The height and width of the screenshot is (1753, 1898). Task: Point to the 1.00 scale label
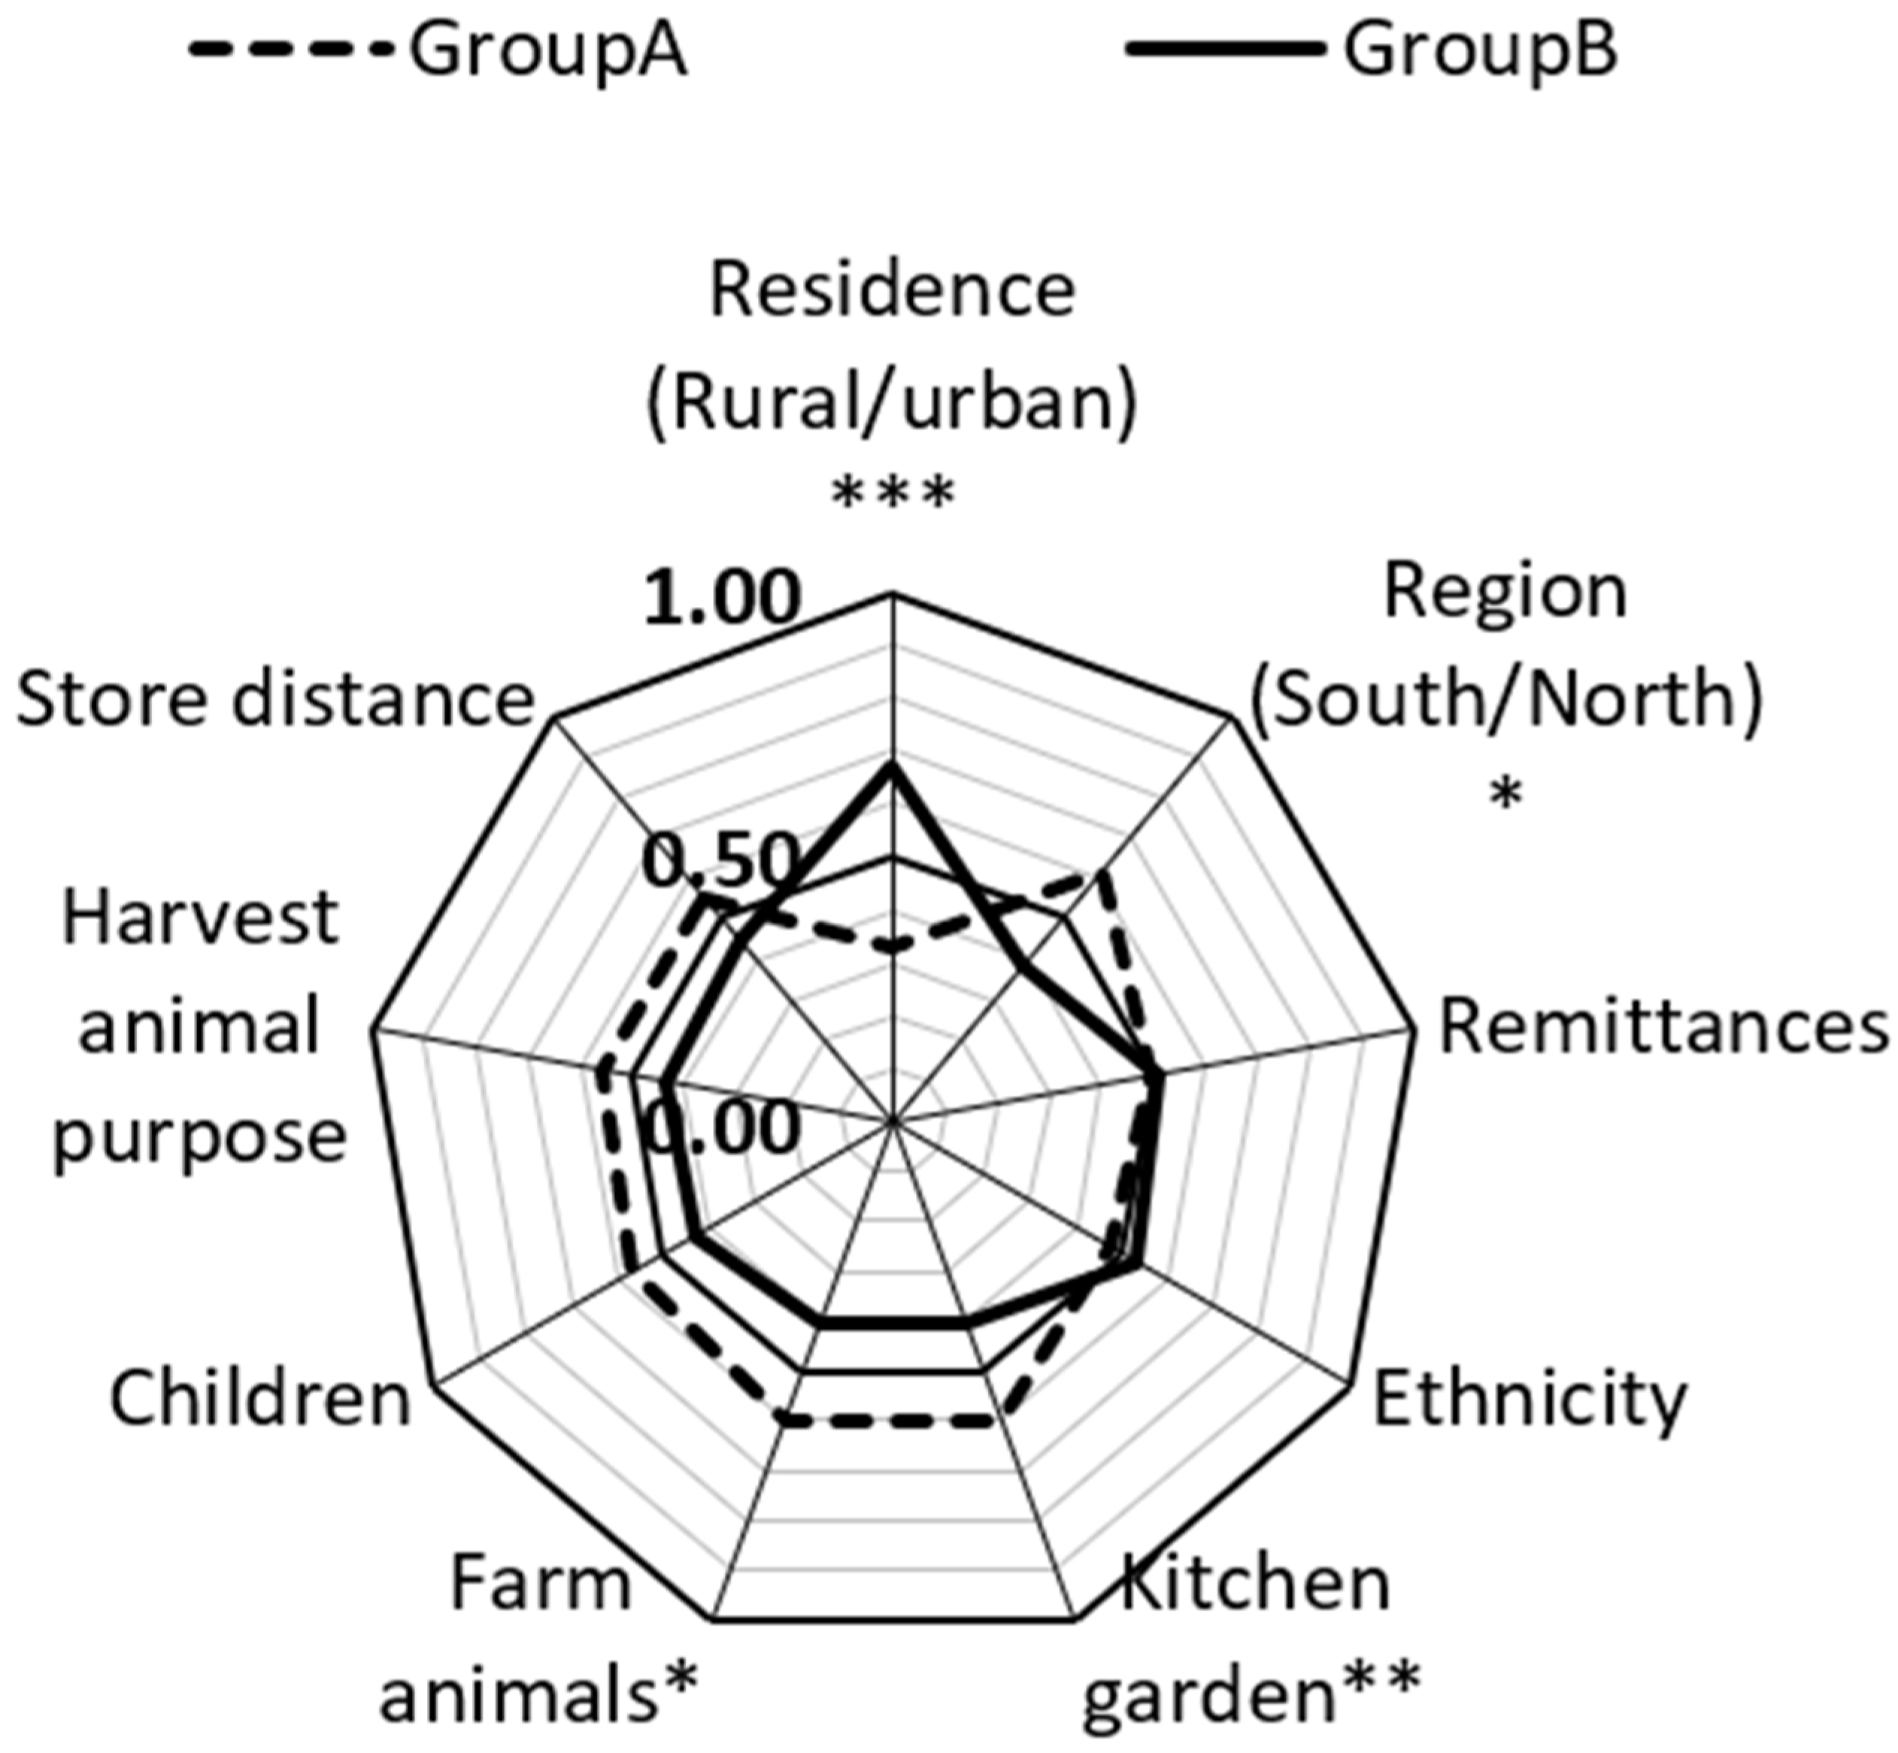click(721, 599)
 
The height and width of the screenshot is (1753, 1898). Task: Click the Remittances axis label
click(1663, 1030)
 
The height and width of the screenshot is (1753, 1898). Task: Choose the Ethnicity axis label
click(1529, 1397)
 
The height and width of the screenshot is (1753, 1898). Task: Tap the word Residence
click(893, 290)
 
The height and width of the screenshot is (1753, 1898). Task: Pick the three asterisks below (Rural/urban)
click(892, 495)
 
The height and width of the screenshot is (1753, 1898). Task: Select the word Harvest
click(200, 918)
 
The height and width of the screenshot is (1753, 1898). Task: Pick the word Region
click(1505, 592)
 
